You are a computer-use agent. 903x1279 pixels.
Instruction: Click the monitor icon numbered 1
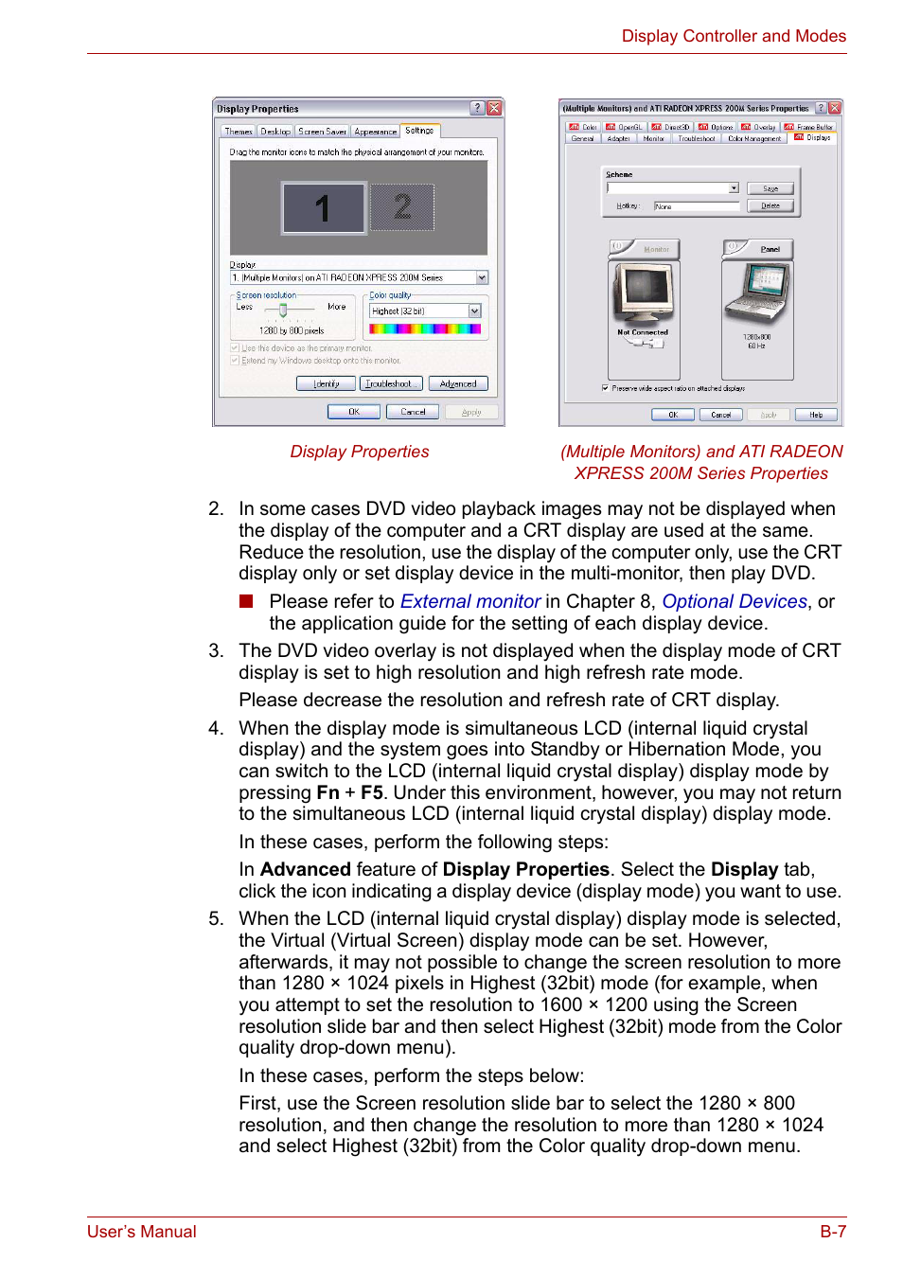tap(323, 208)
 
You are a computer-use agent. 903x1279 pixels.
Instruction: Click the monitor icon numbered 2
tap(402, 206)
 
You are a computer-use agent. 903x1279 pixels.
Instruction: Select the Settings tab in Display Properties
tap(419, 131)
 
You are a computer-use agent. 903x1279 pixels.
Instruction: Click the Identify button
tap(327, 383)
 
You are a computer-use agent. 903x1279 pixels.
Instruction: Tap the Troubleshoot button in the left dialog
tap(391, 383)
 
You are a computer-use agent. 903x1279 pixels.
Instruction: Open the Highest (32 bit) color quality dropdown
tap(474, 311)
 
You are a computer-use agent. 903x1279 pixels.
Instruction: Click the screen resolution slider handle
tap(283, 310)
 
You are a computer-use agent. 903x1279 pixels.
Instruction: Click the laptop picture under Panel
tap(757, 294)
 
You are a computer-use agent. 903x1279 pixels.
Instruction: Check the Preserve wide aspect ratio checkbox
tap(605, 388)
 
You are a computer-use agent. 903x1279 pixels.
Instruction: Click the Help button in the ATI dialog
tap(816, 415)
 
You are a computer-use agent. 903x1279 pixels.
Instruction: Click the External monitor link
tap(469, 601)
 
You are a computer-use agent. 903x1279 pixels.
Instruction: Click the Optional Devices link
tap(734, 601)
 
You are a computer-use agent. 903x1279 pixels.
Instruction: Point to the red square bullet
tap(247, 601)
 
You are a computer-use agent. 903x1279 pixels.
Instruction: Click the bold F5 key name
tap(371, 792)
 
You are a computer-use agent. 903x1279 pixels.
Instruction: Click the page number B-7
tap(832, 1231)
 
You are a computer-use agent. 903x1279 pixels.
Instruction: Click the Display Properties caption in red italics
tap(359, 452)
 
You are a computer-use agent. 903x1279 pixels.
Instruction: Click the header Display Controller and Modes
tap(734, 36)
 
